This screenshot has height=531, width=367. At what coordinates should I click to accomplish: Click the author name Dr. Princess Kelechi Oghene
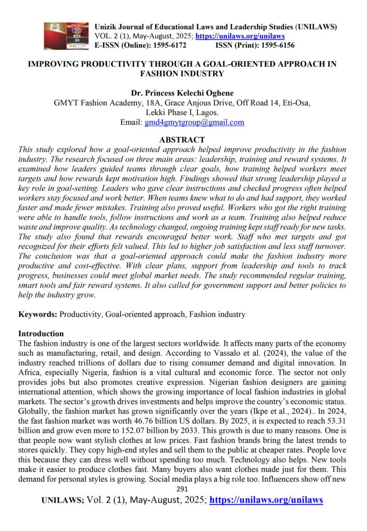click(x=183, y=93)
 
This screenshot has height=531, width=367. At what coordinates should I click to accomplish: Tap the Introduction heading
click(x=41, y=333)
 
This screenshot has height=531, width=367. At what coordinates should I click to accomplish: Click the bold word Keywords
click(x=38, y=314)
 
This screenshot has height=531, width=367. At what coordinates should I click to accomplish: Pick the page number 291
click(x=183, y=488)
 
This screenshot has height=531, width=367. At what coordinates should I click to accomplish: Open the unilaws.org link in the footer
click(x=266, y=500)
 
